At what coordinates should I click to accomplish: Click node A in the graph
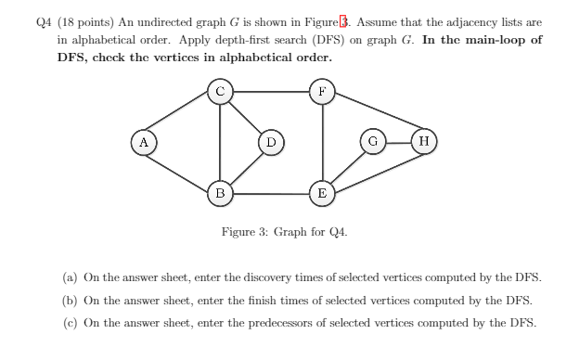point(143,143)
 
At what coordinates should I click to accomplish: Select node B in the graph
point(219,194)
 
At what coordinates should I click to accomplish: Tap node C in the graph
point(219,92)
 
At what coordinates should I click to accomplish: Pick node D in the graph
point(270,143)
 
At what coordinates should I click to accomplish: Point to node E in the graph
point(321,194)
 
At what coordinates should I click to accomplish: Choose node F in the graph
point(321,92)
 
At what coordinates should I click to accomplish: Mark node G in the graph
point(372,143)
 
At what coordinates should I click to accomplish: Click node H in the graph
point(423,143)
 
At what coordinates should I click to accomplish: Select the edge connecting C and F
point(270,92)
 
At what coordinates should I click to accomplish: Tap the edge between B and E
point(270,194)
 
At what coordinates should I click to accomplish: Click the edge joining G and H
point(397,143)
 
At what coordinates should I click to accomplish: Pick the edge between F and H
point(372,117)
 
